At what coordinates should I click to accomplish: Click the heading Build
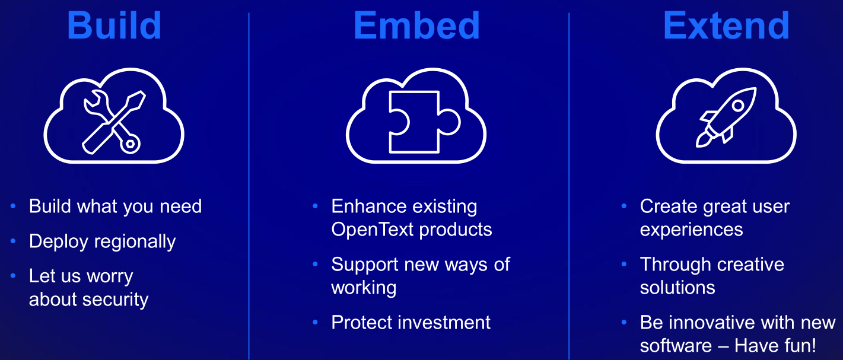coord(114,25)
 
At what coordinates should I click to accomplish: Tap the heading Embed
coord(416,25)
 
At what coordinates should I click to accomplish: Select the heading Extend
coord(726,25)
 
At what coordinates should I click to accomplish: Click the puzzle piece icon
coord(424,122)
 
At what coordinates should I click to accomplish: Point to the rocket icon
coord(726,117)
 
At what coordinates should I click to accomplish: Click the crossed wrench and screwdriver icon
coord(114,122)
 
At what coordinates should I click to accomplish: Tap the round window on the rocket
coord(738,106)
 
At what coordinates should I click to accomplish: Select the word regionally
coord(135,241)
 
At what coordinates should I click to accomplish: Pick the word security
coord(115,300)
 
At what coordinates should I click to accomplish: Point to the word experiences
coord(691,230)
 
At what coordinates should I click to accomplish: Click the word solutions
coord(677,288)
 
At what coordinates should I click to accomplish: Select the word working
coord(364,288)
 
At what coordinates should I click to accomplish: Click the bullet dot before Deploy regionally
coord(13,241)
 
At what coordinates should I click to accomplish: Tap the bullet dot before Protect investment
coord(316,323)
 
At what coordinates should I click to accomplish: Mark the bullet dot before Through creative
coord(624,264)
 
